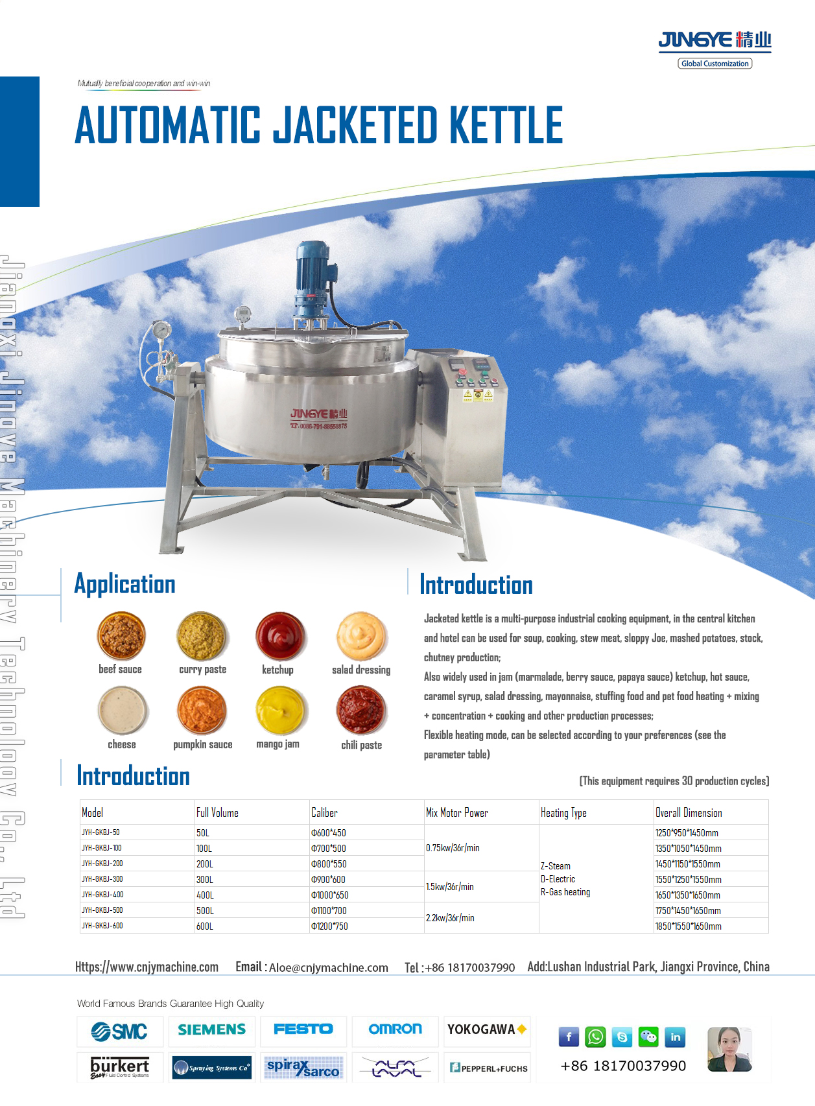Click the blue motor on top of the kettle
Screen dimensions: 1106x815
point(313,272)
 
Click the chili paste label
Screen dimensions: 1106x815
point(361,745)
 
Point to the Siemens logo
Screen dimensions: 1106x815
point(212,1030)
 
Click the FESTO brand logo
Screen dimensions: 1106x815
point(303,1030)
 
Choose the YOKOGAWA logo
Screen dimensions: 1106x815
point(486,1030)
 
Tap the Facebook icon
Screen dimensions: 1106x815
point(569,1037)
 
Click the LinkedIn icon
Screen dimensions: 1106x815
point(675,1037)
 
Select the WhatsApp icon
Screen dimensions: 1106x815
point(595,1037)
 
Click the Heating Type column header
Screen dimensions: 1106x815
point(563,813)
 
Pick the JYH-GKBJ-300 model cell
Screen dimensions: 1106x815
point(102,879)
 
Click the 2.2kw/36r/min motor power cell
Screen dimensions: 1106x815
point(450,918)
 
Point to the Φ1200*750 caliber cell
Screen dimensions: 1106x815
point(329,926)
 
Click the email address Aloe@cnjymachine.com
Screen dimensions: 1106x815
point(328,968)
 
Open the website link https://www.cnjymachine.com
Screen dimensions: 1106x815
point(147,967)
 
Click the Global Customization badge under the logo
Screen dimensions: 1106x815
point(715,64)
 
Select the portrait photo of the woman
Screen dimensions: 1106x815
point(729,1049)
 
